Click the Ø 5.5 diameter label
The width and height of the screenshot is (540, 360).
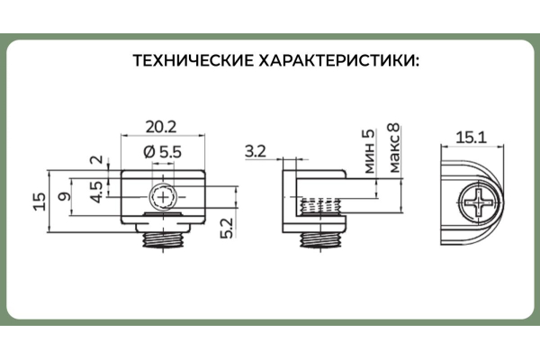pos(164,153)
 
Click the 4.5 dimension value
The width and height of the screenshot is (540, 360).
pos(95,192)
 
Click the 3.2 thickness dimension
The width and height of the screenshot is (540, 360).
pos(255,151)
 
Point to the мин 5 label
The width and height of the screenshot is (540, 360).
pos(366,146)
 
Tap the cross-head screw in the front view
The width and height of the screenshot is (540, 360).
pos(165,195)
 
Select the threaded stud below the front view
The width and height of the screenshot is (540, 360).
pos(164,238)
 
